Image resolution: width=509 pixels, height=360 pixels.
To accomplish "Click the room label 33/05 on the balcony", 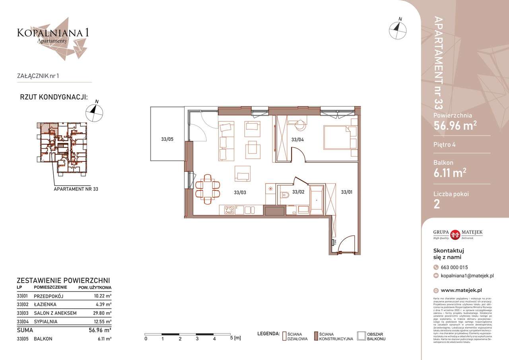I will click(167, 139).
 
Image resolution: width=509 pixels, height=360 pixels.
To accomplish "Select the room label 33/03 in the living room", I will click(240, 193).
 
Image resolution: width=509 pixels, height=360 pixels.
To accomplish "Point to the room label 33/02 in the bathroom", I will click(298, 192).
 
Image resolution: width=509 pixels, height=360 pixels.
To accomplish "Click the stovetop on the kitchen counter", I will click(229, 210).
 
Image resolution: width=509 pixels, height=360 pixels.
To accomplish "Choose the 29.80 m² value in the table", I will click(101, 313).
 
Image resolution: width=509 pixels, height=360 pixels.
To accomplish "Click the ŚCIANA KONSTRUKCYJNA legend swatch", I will click(316, 337).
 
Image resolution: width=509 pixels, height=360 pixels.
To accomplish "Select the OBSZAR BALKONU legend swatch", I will click(361, 337).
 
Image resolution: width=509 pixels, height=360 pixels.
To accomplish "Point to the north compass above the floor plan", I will click(398, 30).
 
